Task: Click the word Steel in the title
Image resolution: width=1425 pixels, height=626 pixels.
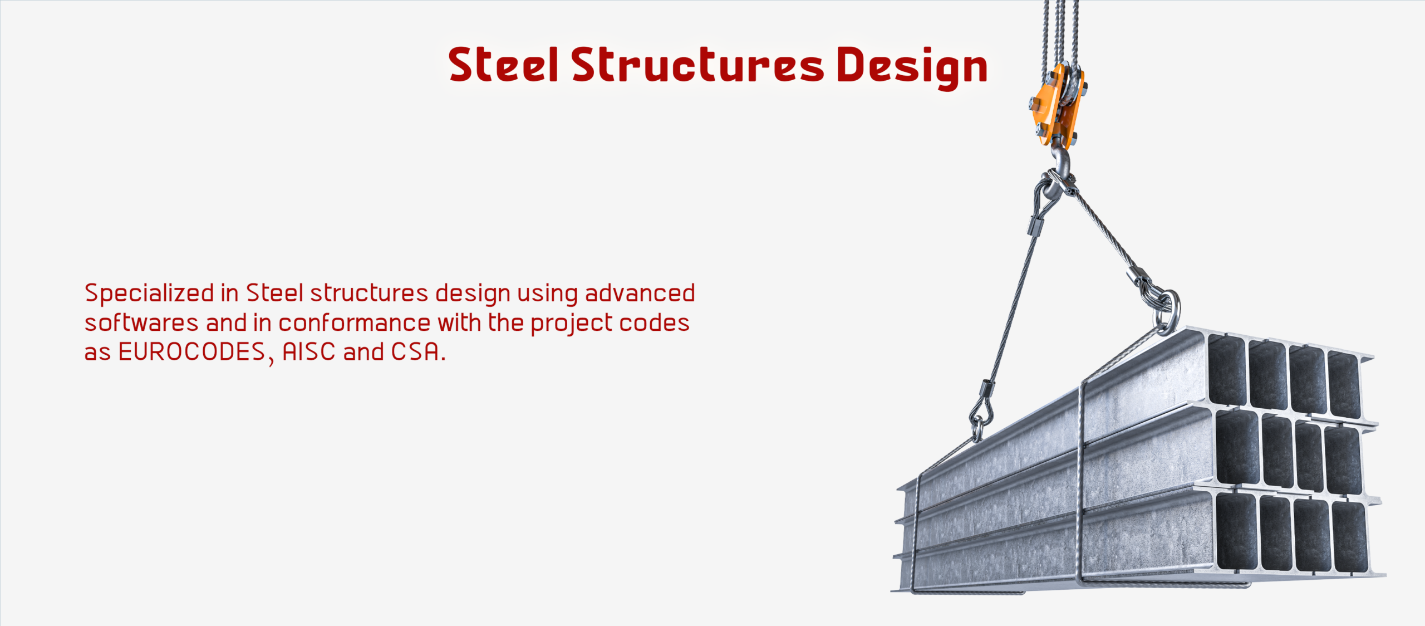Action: point(503,65)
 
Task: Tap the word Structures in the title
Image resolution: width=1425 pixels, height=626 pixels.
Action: point(697,65)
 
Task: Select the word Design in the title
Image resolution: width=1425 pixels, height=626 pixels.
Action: point(912,68)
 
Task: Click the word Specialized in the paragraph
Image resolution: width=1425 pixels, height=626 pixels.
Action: point(149,294)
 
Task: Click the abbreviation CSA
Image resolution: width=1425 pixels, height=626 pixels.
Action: point(415,352)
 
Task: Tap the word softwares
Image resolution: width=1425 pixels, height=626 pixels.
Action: point(141,323)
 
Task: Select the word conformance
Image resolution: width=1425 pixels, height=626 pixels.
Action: point(354,323)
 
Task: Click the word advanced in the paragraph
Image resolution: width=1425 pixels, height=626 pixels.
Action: point(640,293)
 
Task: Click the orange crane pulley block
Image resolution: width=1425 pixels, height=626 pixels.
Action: point(1057,105)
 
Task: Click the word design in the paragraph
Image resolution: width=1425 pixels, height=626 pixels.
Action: point(473,294)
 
